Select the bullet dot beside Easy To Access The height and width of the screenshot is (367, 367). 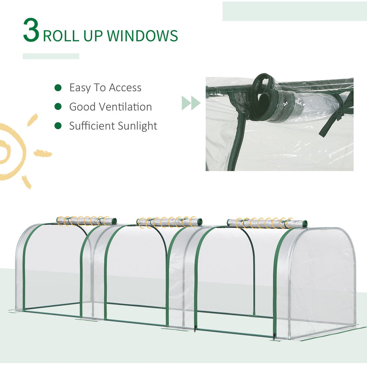click(58, 87)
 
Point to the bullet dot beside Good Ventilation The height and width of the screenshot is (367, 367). click(58, 106)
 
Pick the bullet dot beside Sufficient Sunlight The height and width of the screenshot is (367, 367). click(58, 126)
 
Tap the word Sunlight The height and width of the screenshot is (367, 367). click(136, 126)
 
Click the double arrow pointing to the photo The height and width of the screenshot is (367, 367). click(191, 103)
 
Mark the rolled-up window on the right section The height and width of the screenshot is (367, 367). click(260, 222)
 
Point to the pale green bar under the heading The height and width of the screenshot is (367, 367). click(51, 56)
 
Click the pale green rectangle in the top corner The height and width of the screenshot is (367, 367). click(294, 11)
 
